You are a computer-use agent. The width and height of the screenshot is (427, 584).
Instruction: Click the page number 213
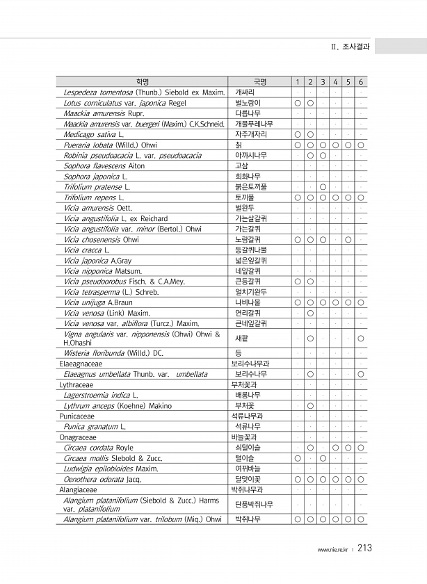coord(364,549)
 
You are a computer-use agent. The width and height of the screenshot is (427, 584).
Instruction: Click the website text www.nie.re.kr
coord(333,550)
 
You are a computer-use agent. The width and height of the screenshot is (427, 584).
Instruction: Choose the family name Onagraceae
coord(77,437)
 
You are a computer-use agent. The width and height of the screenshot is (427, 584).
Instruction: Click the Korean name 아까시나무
coord(251,155)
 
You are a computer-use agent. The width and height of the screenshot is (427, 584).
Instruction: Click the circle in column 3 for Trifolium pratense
coord(323,187)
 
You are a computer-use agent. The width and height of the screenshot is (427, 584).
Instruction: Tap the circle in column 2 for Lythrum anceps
coord(310,405)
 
